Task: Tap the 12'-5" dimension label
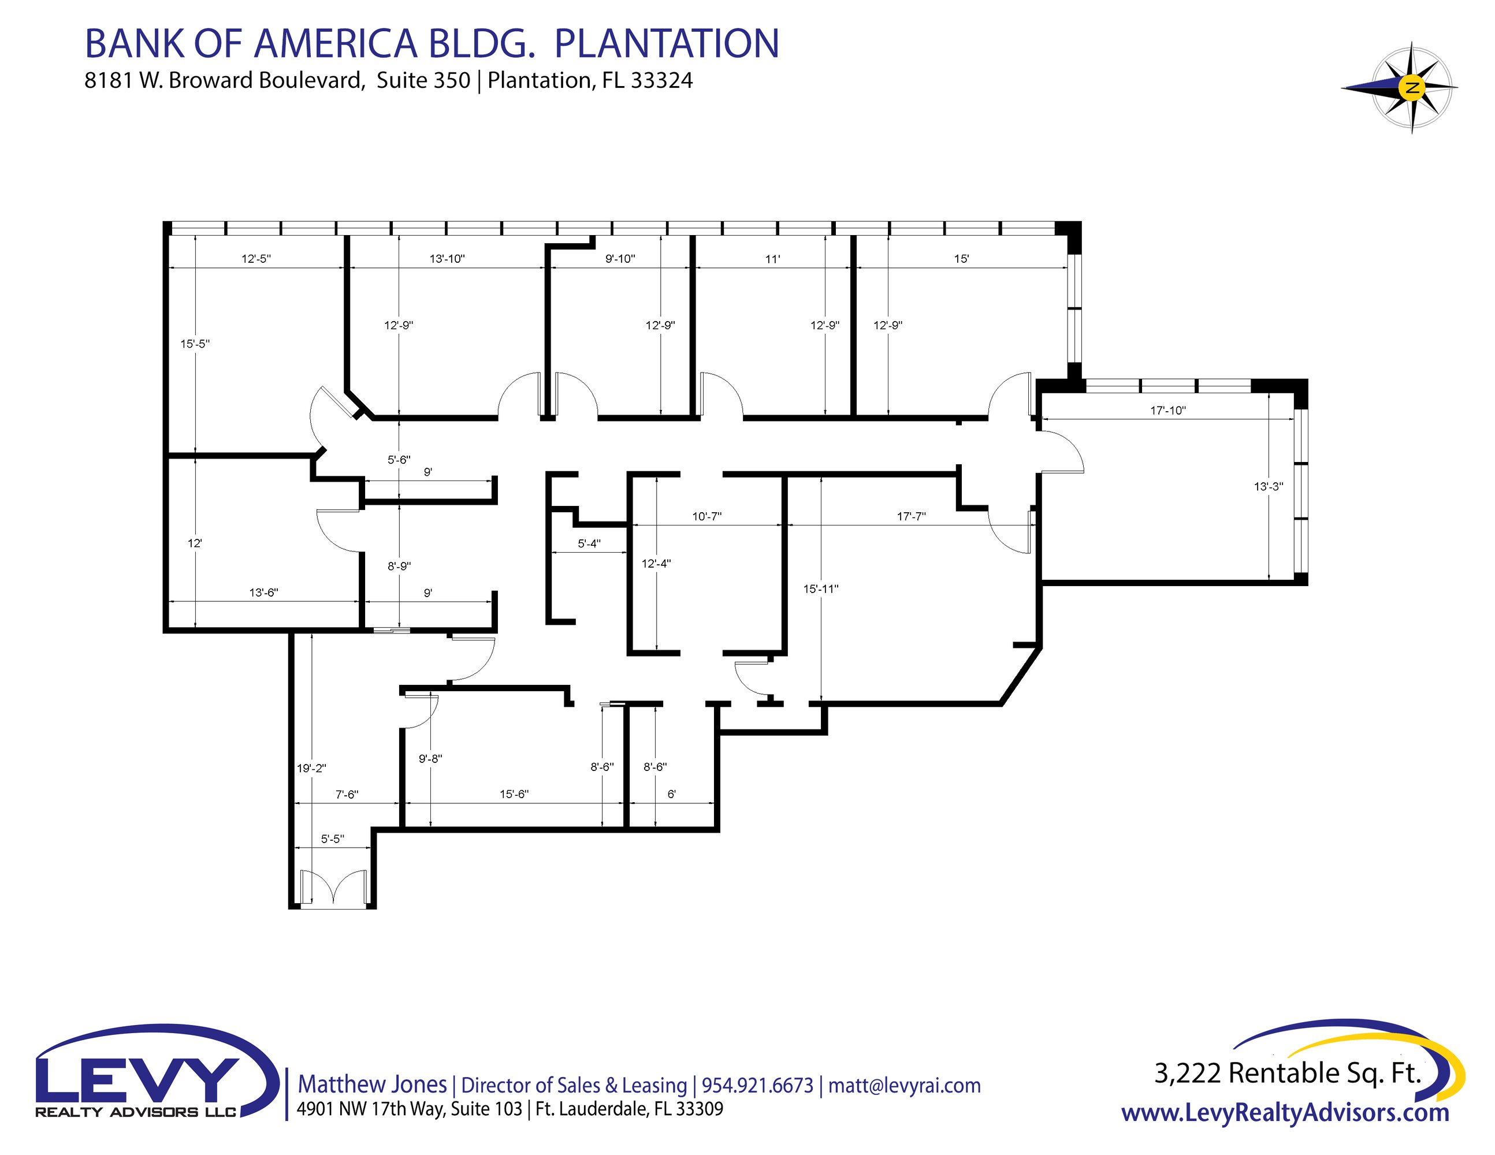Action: [256, 259]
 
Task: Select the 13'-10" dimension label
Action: [447, 259]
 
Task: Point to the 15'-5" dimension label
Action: [195, 344]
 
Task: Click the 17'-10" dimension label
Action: [1168, 411]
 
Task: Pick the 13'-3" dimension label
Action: [1269, 486]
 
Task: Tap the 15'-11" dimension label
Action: [821, 588]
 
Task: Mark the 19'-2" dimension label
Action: [311, 769]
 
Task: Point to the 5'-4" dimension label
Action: [589, 543]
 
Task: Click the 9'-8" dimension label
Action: [430, 758]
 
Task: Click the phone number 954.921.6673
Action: [758, 1085]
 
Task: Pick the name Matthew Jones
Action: [373, 1084]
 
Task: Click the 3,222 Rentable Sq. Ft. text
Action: [1288, 1073]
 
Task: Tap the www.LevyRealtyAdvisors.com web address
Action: [1285, 1113]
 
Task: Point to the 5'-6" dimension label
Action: [399, 460]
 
